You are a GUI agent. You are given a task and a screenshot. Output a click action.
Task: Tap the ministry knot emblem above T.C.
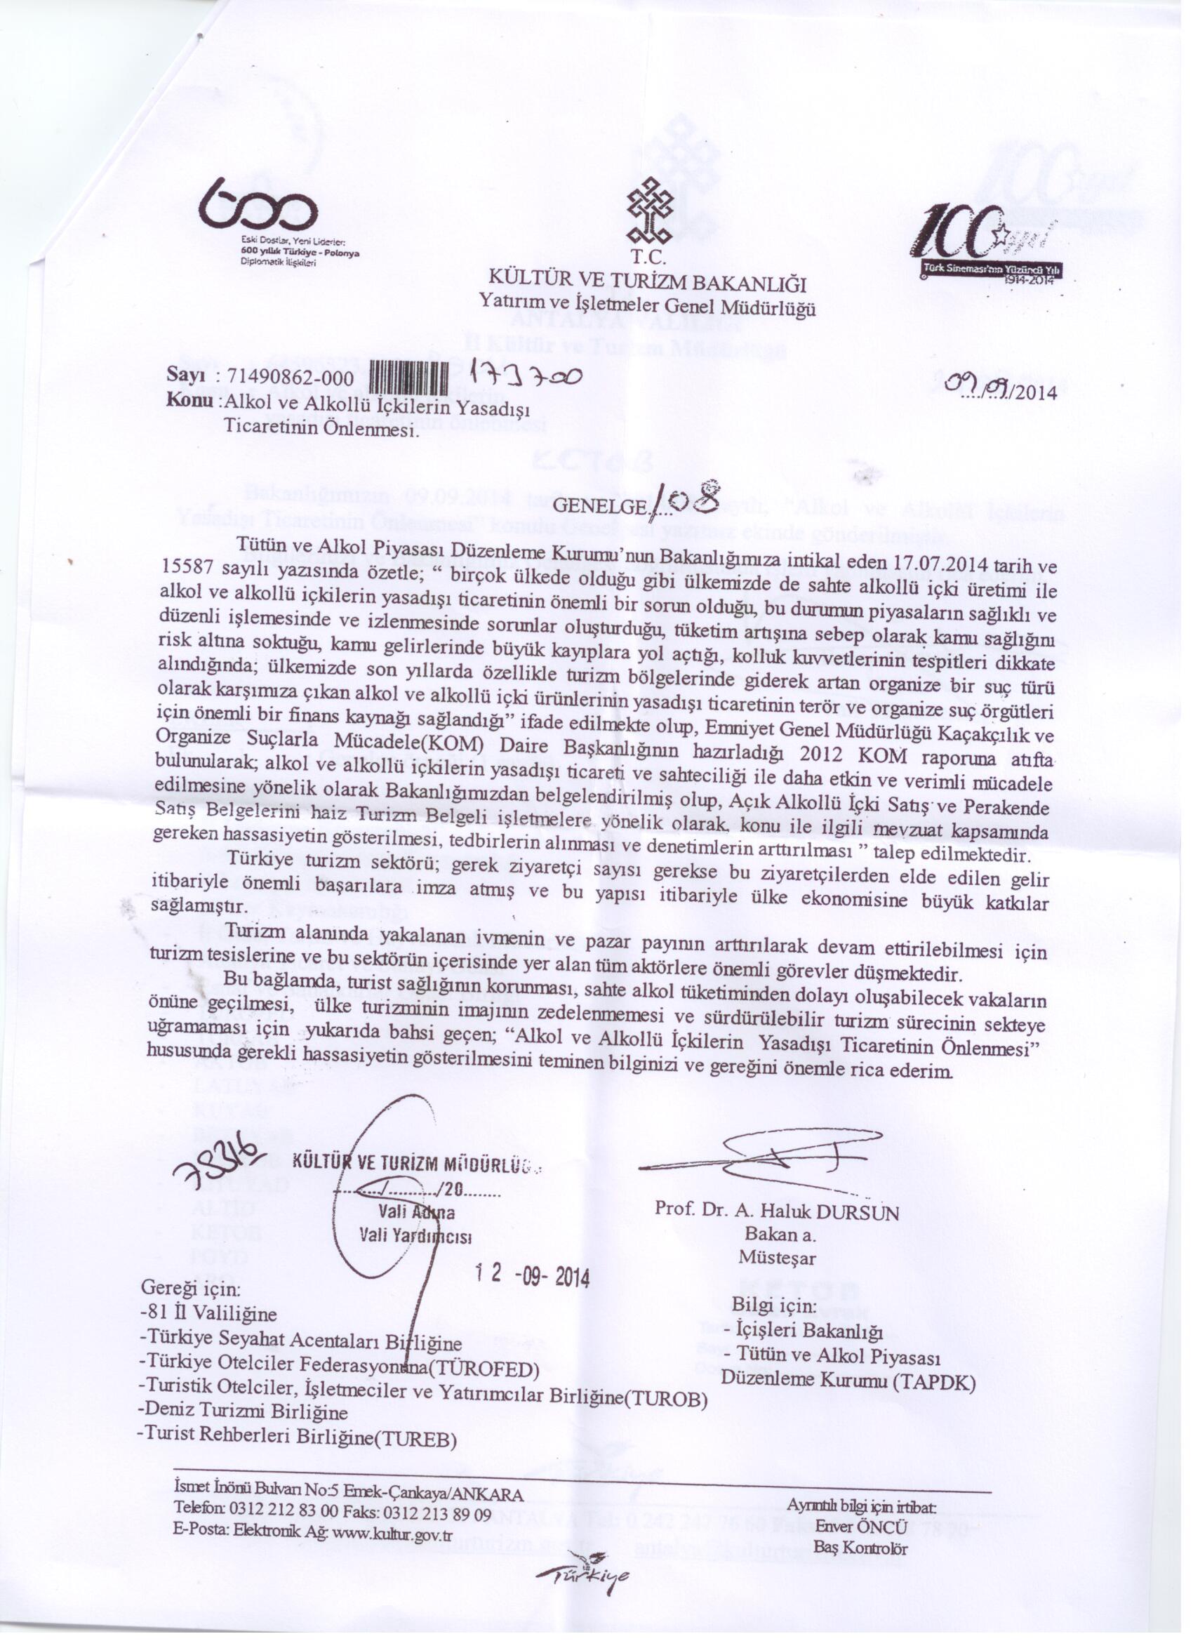coord(648,211)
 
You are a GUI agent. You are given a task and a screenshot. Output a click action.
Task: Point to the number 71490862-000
coord(290,377)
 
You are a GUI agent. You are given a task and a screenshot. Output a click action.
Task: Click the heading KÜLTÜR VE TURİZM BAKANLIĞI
coord(648,278)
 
